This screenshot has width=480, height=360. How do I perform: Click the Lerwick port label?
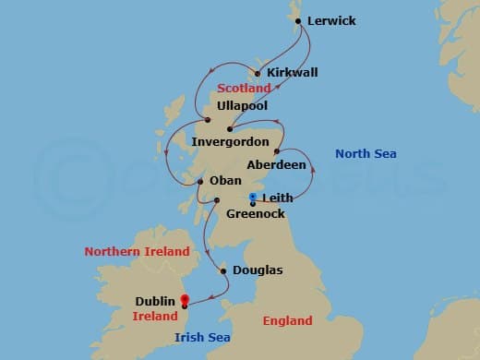[331, 19]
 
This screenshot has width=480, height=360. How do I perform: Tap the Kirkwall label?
[292, 73]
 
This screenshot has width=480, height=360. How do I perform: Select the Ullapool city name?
[243, 106]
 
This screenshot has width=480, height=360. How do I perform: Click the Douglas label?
[258, 270]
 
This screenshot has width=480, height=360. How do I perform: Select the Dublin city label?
[155, 301]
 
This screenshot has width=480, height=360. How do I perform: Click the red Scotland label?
[245, 89]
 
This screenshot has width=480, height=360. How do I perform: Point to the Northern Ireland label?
[137, 251]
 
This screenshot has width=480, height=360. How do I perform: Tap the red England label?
[288, 322]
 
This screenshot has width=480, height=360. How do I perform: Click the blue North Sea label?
[366, 154]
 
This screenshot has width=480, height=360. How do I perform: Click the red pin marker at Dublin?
[185, 300]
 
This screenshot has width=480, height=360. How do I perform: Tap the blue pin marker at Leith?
[253, 197]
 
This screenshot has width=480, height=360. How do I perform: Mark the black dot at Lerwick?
[296, 19]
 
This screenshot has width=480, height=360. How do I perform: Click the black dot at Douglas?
[222, 271]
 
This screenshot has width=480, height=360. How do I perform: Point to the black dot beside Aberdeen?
[277, 151]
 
